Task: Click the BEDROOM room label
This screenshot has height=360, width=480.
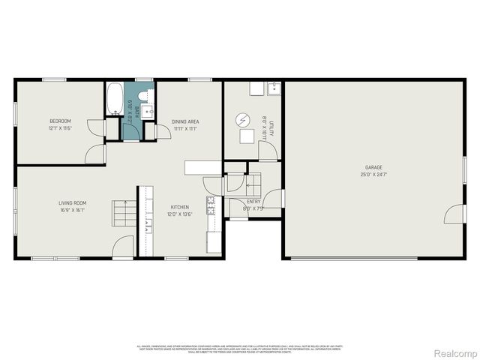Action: point(60,121)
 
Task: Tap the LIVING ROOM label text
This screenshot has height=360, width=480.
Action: point(73,202)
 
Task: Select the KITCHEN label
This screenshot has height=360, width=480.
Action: point(179,207)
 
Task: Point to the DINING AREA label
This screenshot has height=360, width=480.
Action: point(185,121)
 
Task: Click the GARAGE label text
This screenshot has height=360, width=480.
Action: point(373,167)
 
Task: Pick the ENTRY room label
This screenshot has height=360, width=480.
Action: point(254,202)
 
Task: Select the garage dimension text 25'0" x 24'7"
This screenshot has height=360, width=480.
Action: point(373,175)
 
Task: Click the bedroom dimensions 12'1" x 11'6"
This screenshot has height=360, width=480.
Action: point(60,128)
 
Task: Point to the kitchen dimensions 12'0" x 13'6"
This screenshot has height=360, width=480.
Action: point(179,214)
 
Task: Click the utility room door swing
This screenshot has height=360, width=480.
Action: point(268,149)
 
